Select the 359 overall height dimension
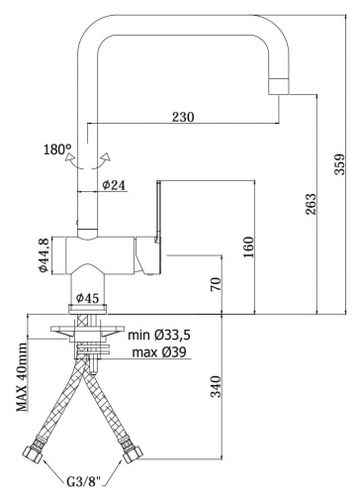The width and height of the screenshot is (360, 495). pos(339,164)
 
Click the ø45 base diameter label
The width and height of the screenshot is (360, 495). pos(86,296)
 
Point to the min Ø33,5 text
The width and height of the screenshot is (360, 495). pos(159,336)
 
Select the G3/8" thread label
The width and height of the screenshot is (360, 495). pos(82,482)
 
